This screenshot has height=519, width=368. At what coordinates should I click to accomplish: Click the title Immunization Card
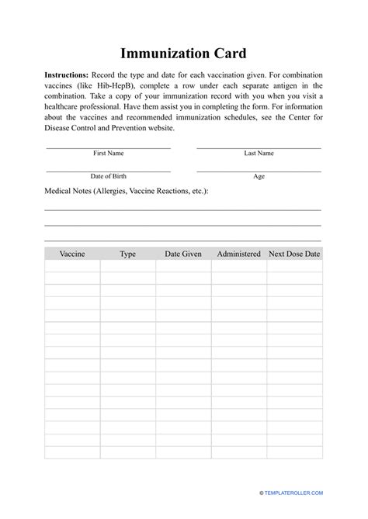click(183, 54)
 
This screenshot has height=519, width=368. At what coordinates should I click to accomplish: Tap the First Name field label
click(108, 154)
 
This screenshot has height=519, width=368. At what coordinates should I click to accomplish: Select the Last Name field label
click(259, 154)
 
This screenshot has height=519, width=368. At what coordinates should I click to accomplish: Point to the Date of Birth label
click(108, 177)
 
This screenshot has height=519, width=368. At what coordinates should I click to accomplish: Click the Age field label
click(259, 177)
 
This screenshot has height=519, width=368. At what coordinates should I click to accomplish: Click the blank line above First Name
click(108, 147)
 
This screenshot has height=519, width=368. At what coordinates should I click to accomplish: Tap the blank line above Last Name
click(259, 147)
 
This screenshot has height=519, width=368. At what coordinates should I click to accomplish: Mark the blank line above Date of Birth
click(108, 171)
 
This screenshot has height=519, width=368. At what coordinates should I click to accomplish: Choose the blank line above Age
click(259, 171)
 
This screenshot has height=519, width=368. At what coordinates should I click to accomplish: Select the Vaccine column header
click(72, 254)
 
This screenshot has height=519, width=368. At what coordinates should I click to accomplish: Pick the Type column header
click(127, 254)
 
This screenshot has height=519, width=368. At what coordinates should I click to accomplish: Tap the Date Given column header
click(183, 254)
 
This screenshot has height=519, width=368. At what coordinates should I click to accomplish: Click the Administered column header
click(239, 254)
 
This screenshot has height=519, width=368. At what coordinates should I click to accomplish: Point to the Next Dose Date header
click(294, 254)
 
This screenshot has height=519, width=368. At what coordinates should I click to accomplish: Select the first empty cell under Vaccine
click(72, 266)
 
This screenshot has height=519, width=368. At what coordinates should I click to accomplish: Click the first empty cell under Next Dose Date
click(294, 266)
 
